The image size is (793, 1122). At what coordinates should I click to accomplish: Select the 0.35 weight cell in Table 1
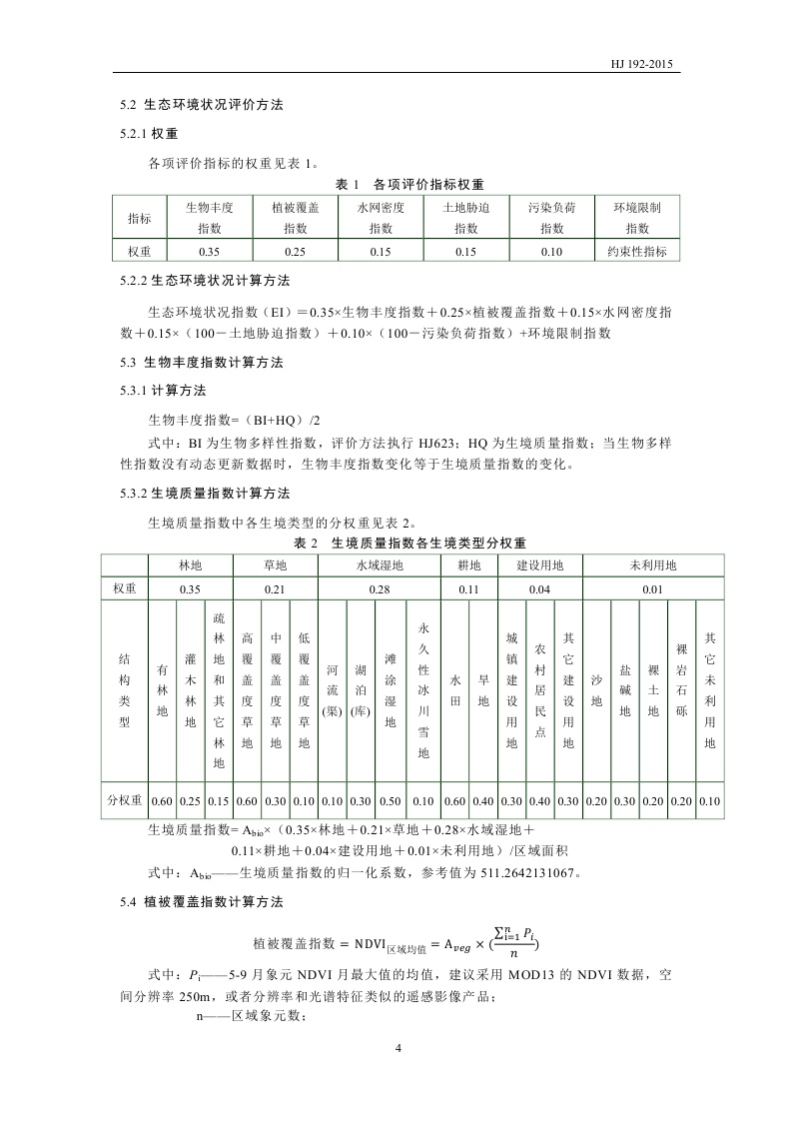coord(210,252)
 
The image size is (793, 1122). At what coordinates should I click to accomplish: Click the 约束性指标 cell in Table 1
coord(637,252)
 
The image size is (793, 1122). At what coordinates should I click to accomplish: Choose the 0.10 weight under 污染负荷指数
coord(552,252)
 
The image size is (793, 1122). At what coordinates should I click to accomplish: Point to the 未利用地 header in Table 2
coord(652,565)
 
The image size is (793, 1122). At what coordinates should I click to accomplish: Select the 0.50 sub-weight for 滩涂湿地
coord(391,800)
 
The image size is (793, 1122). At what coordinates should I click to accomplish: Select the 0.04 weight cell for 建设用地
coord(539,589)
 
